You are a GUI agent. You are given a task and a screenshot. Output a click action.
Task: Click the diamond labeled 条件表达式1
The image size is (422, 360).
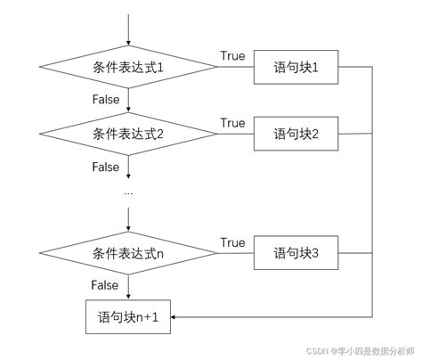coord(130,68)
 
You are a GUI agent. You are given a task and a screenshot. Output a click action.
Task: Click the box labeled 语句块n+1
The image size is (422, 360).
coord(130,316)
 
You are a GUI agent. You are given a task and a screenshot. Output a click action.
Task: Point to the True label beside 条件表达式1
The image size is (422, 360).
coord(232,56)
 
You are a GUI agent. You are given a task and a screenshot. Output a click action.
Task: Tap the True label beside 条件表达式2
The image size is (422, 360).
coord(232,123)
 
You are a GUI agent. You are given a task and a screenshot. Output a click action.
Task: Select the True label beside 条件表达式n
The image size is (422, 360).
coord(232,242)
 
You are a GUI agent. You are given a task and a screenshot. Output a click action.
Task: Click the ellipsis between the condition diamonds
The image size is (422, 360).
coord(129,192)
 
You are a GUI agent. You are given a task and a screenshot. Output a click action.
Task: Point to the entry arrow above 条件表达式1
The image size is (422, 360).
coord(130,30)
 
